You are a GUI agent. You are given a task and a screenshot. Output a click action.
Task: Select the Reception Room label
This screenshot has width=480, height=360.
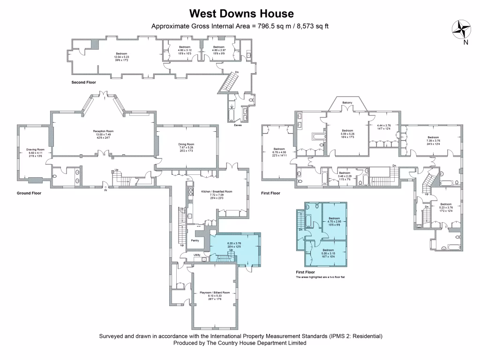[103, 131]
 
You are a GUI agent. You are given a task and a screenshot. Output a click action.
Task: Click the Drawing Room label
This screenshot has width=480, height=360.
[35, 150]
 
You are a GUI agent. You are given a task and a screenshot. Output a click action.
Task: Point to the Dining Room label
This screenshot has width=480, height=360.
[186, 144]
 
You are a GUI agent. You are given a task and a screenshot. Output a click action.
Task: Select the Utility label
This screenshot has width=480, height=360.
[197, 255]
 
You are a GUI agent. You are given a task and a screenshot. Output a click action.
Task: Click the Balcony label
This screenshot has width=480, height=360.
[347, 103]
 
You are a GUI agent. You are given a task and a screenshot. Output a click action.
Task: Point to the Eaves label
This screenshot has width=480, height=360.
[239, 125]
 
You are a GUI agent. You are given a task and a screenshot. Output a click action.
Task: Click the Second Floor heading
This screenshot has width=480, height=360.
[83, 82]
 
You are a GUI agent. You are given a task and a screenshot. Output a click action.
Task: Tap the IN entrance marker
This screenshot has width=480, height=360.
[105, 190]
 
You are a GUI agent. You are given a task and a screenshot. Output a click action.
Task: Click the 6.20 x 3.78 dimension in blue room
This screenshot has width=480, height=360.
[234, 243]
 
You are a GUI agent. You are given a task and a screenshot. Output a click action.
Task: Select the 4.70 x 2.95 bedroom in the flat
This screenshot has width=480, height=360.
[334, 222]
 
